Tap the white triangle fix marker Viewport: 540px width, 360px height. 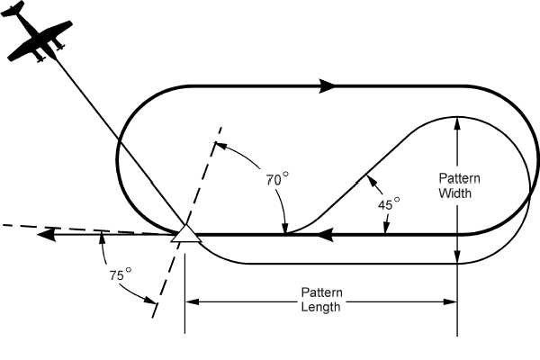[x=185, y=233]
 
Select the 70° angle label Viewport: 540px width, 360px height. [x=277, y=179]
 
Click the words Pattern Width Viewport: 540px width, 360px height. [x=456, y=184]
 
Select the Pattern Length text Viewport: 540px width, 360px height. [x=321, y=300]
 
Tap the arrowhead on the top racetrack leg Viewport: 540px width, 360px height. [x=328, y=85]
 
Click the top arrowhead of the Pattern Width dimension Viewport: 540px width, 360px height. [x=457, y=122]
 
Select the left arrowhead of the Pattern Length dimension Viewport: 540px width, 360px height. [x=192, y=300]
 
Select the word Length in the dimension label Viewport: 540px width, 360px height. [x=321, y=307]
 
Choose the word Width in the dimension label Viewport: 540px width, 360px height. [x=456, y=192]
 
